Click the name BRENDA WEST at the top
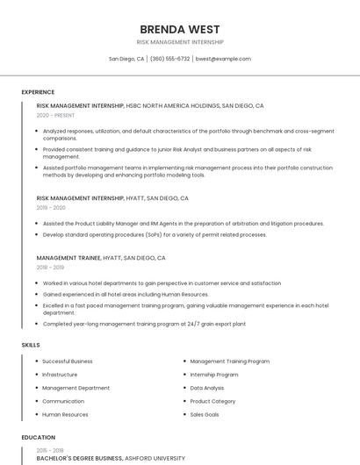(x=180, y=29)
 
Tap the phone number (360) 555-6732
(x=169, y=59)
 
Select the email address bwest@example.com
(x=223, y=59)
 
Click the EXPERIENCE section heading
(x=38, y=92)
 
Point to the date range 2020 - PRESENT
(x=55, y=115)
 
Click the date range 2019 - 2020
(x=51, y=208)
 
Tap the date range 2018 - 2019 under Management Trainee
(x=50, y=268)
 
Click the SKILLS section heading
(x=31, y=345)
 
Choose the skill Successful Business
(x=67, y=361)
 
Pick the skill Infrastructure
(x=60, y=375)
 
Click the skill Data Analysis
(x=207, y=388)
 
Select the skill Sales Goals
(x=205, y=414)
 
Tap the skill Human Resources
(x=65, y=414)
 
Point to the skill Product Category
(x=212, y=401)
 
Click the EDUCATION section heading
(x=38, y=437)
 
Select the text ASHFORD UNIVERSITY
(x=155, y=458)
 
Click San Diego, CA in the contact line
(x=126, y=59)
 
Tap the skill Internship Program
(x=214, y=375)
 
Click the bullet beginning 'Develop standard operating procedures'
(x=155, y=235)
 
